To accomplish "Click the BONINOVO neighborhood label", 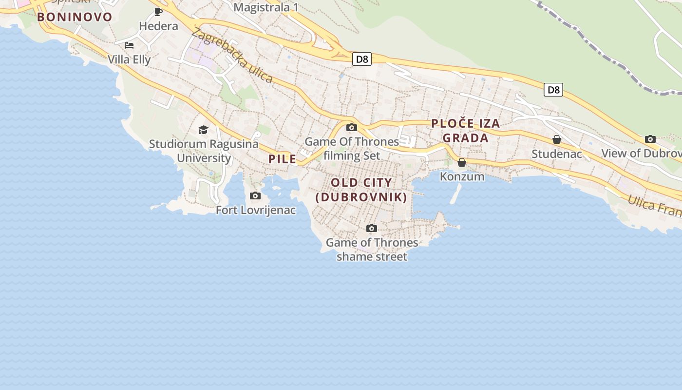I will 75,17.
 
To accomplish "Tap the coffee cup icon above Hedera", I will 158,12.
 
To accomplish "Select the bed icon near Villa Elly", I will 129,45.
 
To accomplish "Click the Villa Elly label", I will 129,59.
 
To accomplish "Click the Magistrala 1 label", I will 266,7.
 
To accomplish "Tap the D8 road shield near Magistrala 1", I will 362,59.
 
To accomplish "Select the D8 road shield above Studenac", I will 553,90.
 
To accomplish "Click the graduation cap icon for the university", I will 203,130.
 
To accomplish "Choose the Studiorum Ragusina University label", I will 204,151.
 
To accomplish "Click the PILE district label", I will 282,159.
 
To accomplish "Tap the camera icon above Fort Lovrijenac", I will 255,196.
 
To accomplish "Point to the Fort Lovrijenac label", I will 256,210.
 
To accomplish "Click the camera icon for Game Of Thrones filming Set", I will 351,128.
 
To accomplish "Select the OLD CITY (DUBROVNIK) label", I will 361,190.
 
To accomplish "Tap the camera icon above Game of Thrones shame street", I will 372,228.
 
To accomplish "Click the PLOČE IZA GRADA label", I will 465,130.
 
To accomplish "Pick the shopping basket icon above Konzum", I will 462,162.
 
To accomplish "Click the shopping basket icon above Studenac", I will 557,140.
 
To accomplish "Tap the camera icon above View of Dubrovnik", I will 650,139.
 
